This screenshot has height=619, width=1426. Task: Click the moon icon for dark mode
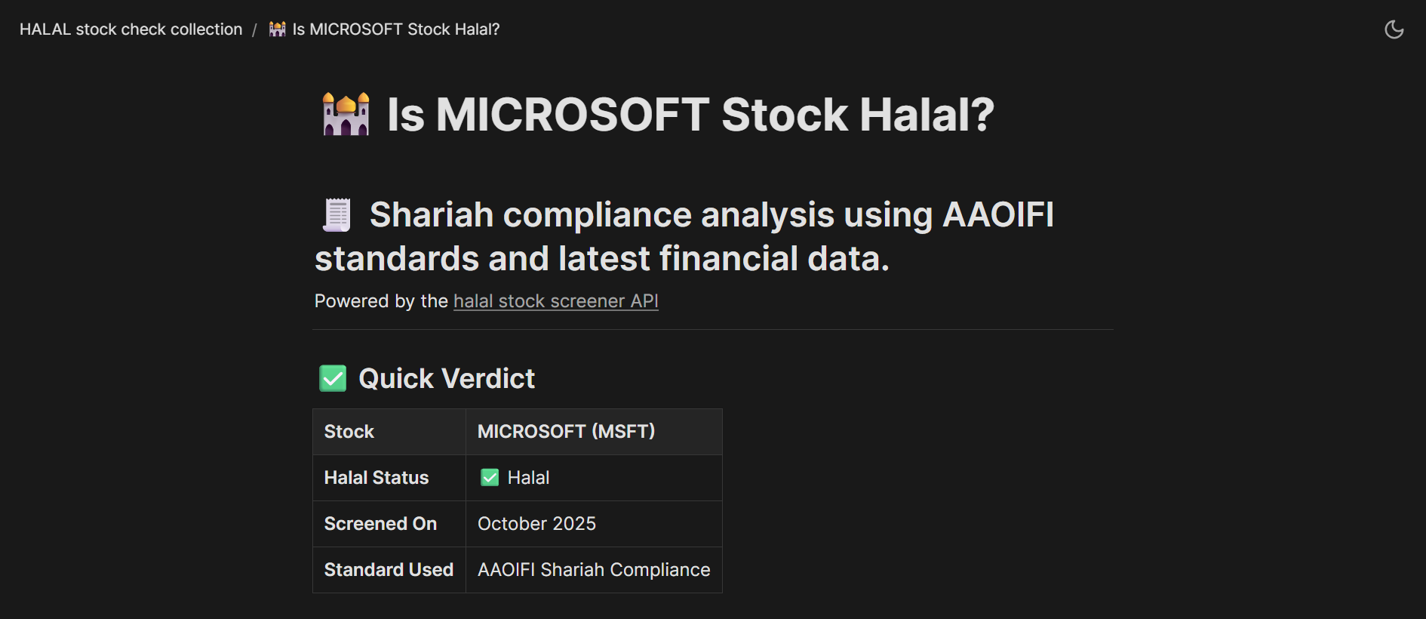[1394, 29]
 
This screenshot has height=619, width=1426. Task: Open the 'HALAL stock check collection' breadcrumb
[131, 29]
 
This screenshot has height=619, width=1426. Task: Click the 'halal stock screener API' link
[555, 301]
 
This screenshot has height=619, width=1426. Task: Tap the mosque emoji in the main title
[346, 114]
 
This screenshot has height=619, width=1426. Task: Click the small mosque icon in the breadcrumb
[278, 29]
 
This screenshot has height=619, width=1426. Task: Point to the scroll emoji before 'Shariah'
[337, 215]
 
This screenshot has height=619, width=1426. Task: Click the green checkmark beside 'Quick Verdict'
[333, 378]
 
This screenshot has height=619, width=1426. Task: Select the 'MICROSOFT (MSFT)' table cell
[566, 432]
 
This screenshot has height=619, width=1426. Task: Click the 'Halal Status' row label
[376, 478]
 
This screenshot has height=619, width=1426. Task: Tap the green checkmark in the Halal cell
[490, 478]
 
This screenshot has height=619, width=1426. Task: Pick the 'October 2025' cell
[536, 524]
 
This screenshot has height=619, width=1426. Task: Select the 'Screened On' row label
[380, 524]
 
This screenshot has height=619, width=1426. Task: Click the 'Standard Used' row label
[389, 570]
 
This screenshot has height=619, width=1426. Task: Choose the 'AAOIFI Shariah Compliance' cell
[594, 570]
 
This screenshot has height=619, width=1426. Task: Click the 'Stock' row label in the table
[349, 432]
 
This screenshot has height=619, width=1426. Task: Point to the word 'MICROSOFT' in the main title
[572, 115]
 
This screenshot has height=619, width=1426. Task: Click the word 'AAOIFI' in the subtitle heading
[997, 215]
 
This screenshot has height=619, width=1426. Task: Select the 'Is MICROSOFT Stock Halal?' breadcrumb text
[396, 29]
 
